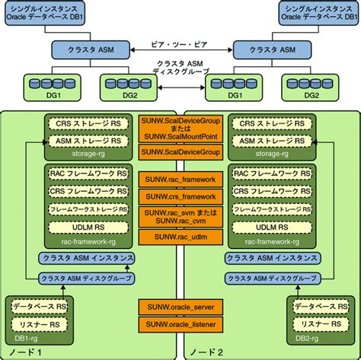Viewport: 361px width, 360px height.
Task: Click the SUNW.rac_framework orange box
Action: point(180,179)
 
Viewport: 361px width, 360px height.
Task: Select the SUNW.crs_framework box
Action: point(180,196)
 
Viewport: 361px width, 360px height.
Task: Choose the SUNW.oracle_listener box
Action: point(180,324)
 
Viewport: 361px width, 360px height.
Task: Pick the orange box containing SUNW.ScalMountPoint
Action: point(180,129)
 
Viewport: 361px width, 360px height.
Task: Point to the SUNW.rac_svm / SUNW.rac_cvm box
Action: point(180,217)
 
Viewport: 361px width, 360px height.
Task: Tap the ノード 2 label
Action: point(208,352)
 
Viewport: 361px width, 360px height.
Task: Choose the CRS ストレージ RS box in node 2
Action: point(270,122)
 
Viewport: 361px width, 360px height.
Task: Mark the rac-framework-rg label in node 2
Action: point(270,241)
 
